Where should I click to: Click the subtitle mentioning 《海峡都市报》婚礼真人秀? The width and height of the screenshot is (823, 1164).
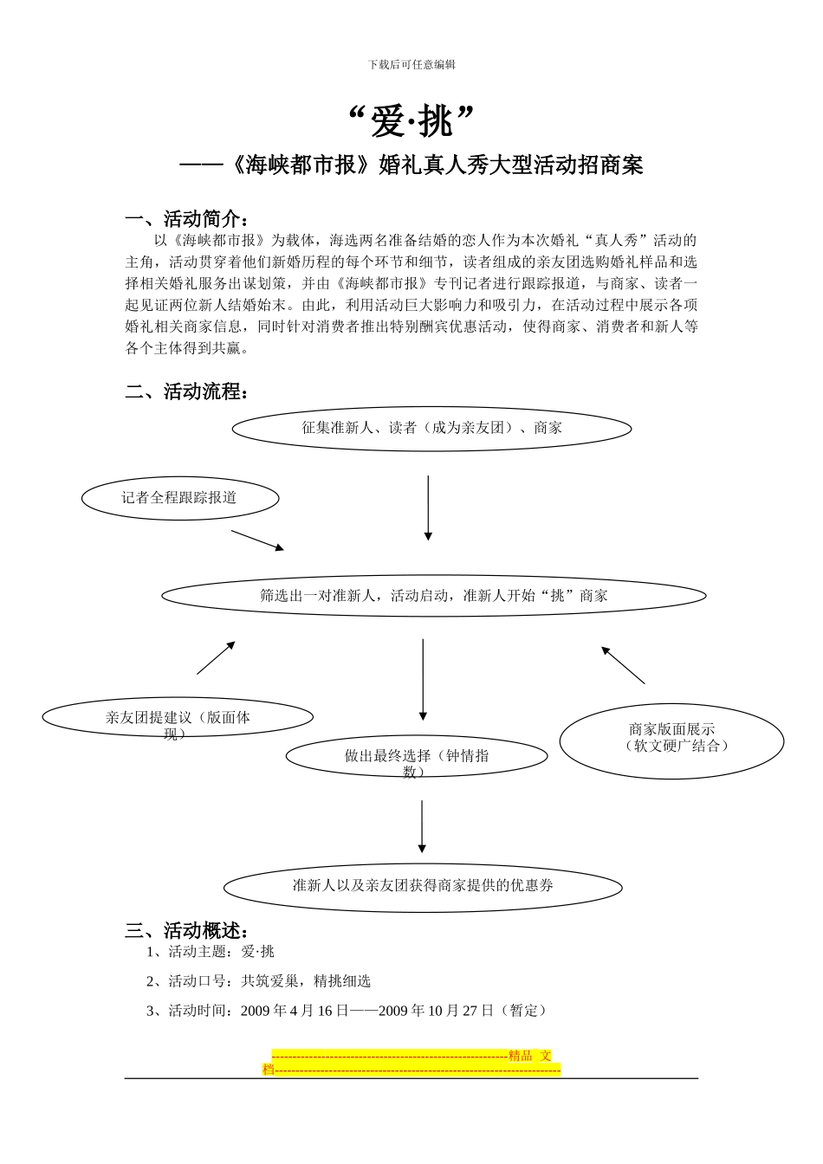click(x=411, y=165)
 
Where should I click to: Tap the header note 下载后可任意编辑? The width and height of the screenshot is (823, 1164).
click(x=411, y=64)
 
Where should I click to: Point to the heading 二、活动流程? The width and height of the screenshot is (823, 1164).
click(x=188, y=391)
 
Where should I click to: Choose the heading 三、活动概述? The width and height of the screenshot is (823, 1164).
click(x=188, y=931)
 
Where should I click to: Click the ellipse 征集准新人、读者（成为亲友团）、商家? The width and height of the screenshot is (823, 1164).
click(x=431, y=428)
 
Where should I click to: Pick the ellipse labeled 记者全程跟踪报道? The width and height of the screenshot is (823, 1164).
click(x=180, y=498)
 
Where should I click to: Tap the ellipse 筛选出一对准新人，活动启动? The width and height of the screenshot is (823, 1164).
click(x=433, y=596)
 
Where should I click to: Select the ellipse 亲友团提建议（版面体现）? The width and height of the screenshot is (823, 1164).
click(x=178, y=718)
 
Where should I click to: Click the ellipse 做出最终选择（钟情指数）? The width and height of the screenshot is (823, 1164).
click(x=417, y=756)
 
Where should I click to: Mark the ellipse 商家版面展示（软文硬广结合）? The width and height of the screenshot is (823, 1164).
click(x=671, y=739)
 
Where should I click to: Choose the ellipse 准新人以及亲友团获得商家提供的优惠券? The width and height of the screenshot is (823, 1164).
click(x=423, y=886)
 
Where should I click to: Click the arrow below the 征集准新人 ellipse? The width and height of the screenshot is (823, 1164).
click(x=427, y=508)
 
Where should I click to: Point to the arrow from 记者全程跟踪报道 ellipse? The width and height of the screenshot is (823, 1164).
click(x=257, y=540)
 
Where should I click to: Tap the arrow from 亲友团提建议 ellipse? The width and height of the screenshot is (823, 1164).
click(x=216, y=658)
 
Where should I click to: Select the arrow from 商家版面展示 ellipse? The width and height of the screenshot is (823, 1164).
click(x=624, y=665)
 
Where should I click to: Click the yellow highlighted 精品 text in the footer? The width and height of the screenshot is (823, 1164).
click(x=521, y=1056)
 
